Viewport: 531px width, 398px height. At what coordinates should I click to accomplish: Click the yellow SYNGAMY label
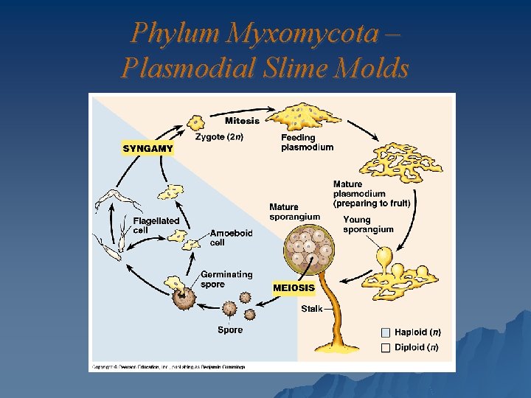[x=148, y=148]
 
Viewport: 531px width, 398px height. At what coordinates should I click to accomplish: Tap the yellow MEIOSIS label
[x=294, y=288]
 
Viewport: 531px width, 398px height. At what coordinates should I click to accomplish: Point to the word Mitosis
[x=242, y=121]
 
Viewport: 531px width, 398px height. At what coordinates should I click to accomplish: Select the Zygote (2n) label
[x=219, y=136]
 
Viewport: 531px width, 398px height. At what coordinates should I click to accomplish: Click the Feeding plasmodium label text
[x=307, y=142]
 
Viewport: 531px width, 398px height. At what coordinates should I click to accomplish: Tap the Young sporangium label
[x=368, y=224]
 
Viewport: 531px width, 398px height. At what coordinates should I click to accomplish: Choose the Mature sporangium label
[x=294, y=212]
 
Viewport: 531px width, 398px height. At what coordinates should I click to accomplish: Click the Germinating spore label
[x=226, y=279]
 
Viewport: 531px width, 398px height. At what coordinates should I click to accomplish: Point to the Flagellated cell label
[x=156, y=225]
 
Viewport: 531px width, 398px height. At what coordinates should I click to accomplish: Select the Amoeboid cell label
[x=231, y=237]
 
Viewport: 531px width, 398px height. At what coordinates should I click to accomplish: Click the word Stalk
[x=311, y=309]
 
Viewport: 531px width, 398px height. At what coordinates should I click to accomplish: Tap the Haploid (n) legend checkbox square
[x=386, y=332]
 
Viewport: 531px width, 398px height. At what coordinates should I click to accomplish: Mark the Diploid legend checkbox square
[x=386, y=347]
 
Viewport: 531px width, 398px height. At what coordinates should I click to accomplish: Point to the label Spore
[x=229, y=330]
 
